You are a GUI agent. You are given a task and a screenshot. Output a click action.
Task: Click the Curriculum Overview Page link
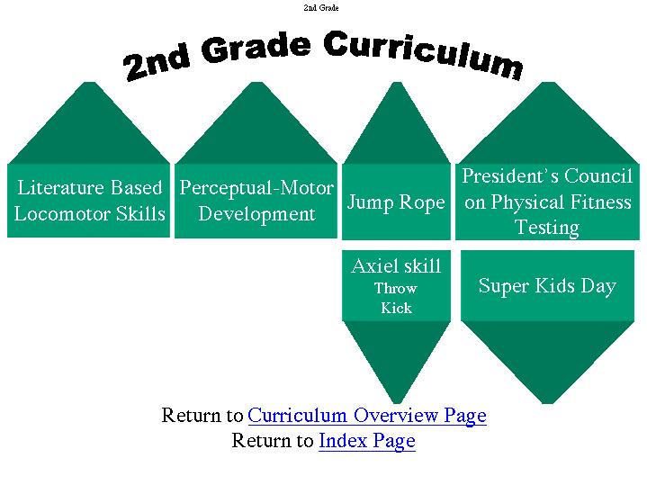pyautogui.click(x=367, y=415)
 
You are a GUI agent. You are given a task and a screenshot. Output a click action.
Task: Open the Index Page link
pyautogui.click(x=367, y=441)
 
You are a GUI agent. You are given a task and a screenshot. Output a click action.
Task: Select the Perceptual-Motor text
pyautogui.click(x=256, y=188)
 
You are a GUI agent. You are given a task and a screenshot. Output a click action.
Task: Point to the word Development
pyautogui.click(x=256, y=214)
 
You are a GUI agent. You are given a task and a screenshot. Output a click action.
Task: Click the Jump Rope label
pyautogui.click(x=396, y=202)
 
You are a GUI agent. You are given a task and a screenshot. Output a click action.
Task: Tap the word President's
pyautogui.click(x=510, y=175)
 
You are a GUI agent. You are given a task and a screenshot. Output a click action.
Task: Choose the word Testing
pyautogui.click(x=547, y=228)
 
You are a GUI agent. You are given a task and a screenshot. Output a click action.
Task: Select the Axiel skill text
pyautogui.click(x=396, y=265)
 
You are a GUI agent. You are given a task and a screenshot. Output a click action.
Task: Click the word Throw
pyautogui.click(x=396, y=288)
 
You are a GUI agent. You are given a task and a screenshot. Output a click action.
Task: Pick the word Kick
pyautogui.click(x=396, y=308)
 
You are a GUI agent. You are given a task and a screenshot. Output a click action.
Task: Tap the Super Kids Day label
pyautogui.click(x=547, y=286)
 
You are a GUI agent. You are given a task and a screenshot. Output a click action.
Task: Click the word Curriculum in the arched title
pyautogui.click(x=423, y=55)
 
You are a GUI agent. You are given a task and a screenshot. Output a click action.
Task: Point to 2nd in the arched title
pyautogui.click(x=157, y=61)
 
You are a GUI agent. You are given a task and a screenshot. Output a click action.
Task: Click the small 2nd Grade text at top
pyautogui.click(x=321, y=7)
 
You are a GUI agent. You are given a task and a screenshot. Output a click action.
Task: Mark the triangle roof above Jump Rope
pyautogui.click(x=397, y=123)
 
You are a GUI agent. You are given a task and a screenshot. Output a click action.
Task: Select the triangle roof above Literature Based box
pyautogui.click(x=89, y=123)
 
